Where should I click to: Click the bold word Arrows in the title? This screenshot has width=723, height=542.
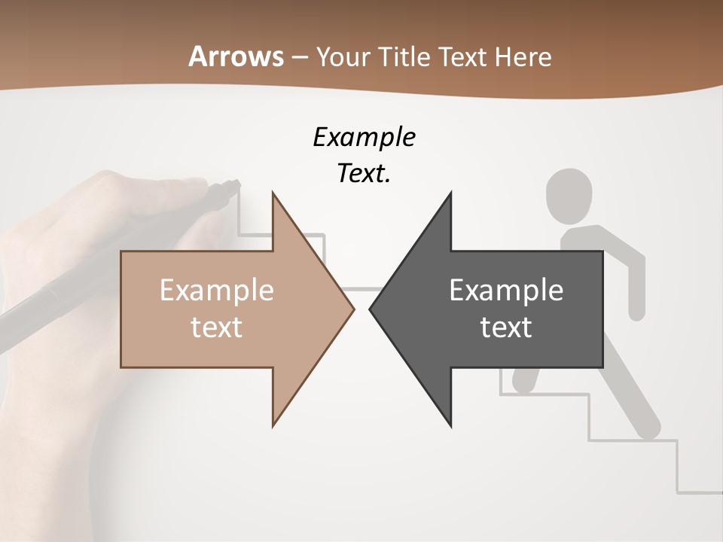[236, 56]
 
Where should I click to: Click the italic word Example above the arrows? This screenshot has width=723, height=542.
[364, 138]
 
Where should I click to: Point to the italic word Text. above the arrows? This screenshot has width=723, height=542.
[364, 174]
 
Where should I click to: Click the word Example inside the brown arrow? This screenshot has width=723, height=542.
[217, 291]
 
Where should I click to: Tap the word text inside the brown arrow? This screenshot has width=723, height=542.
[217, 327]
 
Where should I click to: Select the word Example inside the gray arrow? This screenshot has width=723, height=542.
[506, 291]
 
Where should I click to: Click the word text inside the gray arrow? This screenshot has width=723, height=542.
[506, 327]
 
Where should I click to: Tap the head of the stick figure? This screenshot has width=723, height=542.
[569, 194]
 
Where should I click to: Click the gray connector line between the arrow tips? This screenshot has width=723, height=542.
[361, 289]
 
